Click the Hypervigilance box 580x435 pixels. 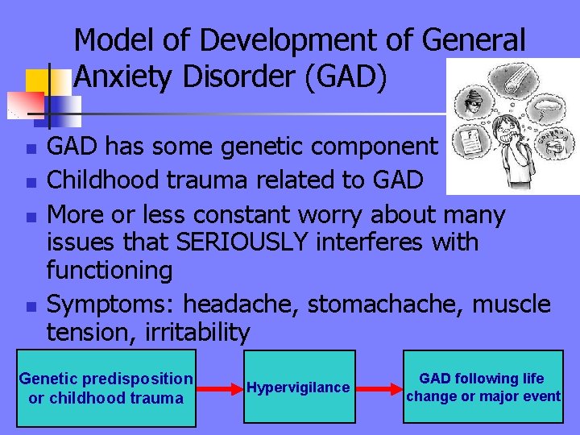point(298,387)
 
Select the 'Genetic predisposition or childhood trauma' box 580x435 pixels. point(106,387)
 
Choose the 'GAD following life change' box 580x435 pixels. point(483,387)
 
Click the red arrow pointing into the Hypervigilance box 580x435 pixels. point(220,387)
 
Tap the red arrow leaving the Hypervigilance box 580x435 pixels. point(377,387)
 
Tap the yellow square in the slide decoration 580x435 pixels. point(38,81)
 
